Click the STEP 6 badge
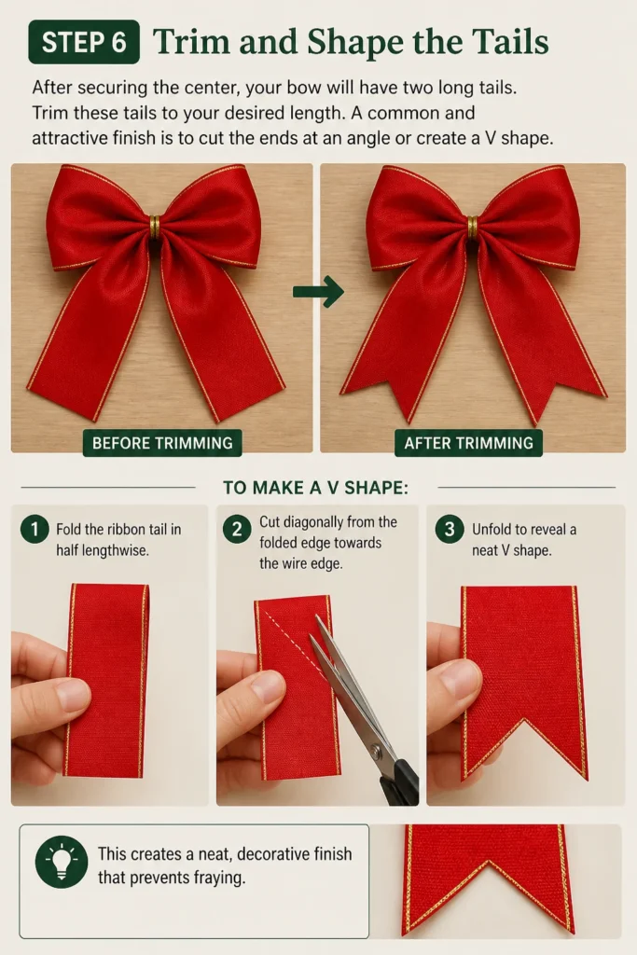84,42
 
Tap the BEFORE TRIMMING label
162,443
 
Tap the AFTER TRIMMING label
469,443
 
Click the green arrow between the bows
319,292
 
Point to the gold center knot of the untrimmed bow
155,227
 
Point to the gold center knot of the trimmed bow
473,227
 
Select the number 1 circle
35,529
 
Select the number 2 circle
237,529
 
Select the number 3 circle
450,529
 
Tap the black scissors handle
402,779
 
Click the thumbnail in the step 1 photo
72,694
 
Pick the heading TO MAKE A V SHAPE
315,488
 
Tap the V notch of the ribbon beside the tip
488,863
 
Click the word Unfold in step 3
492,530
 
